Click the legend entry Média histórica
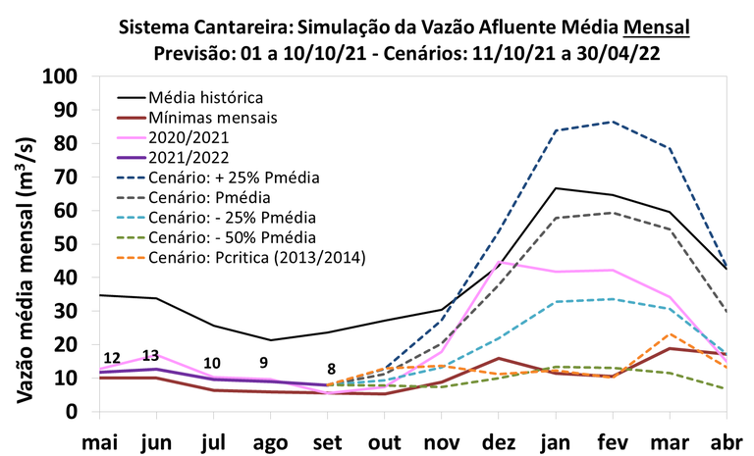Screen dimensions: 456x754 pyautogui.click(x=204, y=97)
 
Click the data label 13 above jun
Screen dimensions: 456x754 pyautogui.click(x=150, y=355)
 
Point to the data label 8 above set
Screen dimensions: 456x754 pyautogui.click(x=332, y=370)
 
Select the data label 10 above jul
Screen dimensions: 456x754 pyautogui.click(x=212, y=363)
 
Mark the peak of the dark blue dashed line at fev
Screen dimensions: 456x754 pyautogui.click(x=614, y=122)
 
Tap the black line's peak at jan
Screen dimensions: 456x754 pyautogui.click(x=557, y=188)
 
